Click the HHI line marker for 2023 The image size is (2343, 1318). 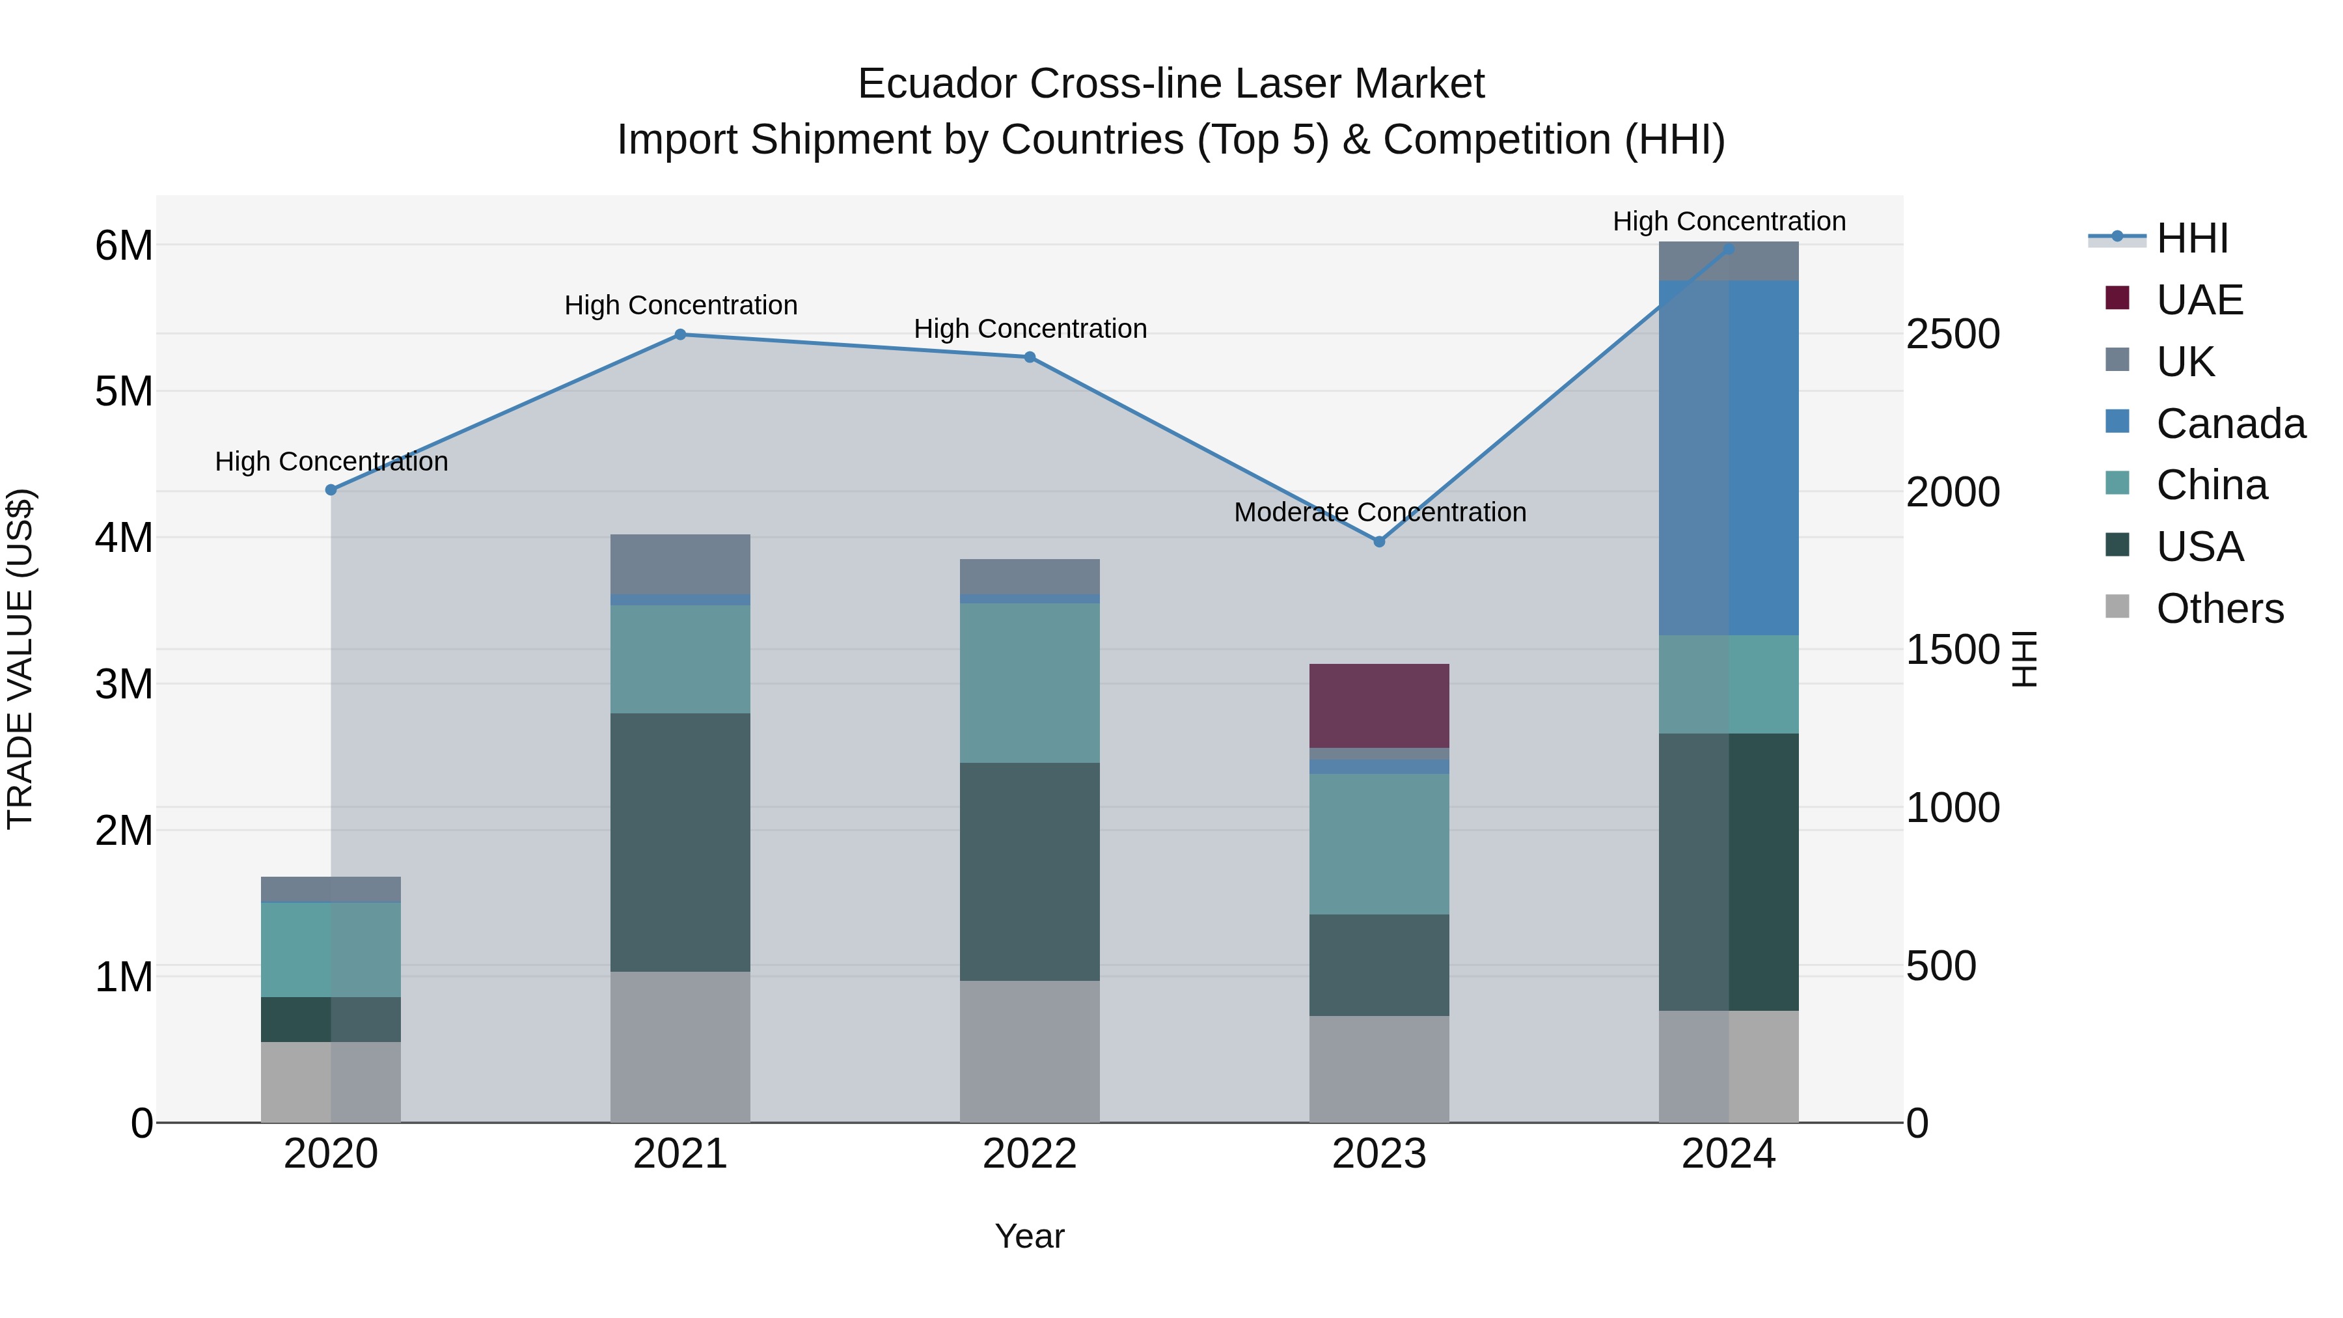(1379, 542)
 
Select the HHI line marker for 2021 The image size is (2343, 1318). (680, 334)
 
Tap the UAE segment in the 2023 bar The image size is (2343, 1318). (1379, 705)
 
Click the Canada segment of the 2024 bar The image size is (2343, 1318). (1728, 458)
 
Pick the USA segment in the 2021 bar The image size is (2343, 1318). (680, 842)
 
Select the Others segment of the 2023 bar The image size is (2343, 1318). (1379, 1069)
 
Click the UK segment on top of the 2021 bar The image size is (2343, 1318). (680, 564)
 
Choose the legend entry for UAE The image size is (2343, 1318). (2199, 300)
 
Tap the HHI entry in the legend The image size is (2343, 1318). (2191, 238)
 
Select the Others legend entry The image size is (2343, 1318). (2219, 609)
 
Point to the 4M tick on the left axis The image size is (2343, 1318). (124, 538)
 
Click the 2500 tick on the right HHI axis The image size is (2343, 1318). (1952, 334)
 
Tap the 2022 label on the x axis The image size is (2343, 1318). (1030, 1154)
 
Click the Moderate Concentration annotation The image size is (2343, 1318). (1380, 512)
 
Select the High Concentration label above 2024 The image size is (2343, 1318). (1728, 221)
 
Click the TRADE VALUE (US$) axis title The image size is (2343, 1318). (20, 659)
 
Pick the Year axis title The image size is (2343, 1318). (1030, 1236)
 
